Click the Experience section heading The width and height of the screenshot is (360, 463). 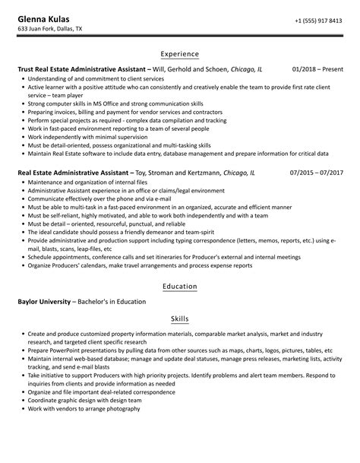pos(180,54)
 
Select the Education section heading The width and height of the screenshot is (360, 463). pos(180,286)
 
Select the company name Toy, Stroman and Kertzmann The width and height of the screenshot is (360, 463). pos(182,173)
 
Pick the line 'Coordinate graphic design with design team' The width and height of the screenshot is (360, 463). pos(87,401)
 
